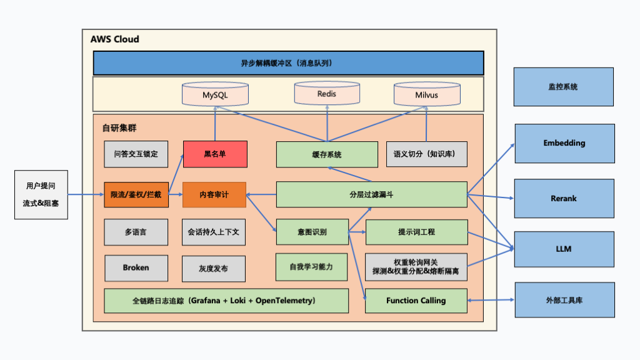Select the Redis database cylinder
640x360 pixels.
tap(327, 93)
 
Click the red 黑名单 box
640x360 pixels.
tap(214, 154)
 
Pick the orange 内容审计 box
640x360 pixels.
tap(214, 194)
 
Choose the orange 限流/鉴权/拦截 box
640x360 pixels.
tap(136, 194)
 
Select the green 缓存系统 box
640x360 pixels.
tap(327, 154)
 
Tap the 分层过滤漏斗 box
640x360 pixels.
tap(371, 194)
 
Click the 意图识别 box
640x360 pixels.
tap(311, 232)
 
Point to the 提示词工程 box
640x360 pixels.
tap(416, 232)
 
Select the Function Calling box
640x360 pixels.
tap(416, 301)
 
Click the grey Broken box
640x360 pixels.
tap(136, 267)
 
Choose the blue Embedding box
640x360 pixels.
tap(564, 143)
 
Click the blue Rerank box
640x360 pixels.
tap(564, 198)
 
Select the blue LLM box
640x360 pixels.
tap(564, 249)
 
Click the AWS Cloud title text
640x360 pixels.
tap(115, 39)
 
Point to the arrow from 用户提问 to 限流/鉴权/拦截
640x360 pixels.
tap(84, 194)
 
